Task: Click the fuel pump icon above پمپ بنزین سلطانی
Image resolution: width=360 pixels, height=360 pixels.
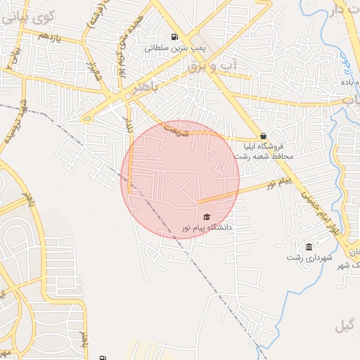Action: click(174, 37)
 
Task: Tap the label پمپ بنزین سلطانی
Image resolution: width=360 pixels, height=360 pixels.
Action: click(173, 49)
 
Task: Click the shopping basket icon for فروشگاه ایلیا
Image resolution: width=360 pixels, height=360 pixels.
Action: click(263, 136)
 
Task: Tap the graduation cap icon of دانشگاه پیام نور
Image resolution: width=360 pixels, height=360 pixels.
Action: click(206, 217)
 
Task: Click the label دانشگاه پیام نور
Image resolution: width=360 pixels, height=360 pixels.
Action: click(206, 228)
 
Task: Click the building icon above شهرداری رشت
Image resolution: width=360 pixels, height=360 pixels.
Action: click(309, 246)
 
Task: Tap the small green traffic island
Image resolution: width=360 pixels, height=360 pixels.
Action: click(112, 110)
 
